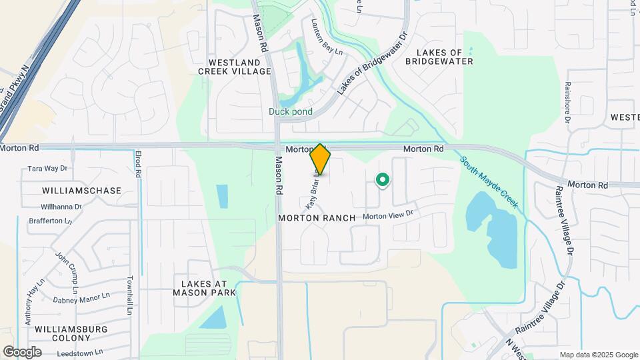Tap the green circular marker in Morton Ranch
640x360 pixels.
click(x=383, y=179)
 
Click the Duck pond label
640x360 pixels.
click(x=291, y=111)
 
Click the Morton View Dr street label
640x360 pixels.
click(x=389, y=215)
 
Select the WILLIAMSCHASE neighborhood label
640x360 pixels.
click(x=81, y=191)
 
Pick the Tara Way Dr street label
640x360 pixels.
click(x=48, y=169)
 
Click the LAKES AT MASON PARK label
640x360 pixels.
click(x=205, y=288)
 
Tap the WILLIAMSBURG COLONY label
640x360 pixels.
click(x=71, y=334)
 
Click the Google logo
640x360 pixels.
click(x=22, y=351)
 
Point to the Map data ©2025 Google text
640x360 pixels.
click(x=599, y=355)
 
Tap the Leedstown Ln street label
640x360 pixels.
click(x=78, y=351)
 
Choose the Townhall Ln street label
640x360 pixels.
click(x=131, y=295)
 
